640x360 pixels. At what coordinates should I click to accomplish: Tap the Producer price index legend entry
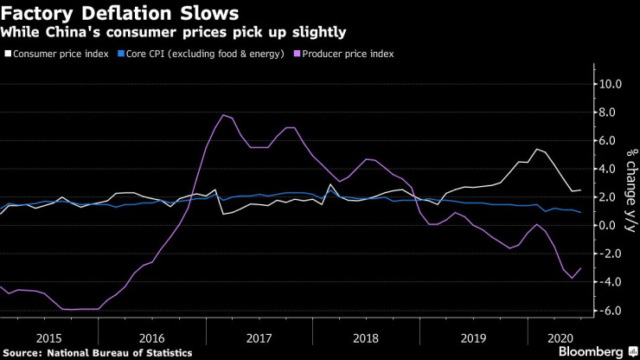pyautogui.click(x=350, y=54)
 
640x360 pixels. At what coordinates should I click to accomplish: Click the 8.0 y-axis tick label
pyautogui.click(x=610, y=112)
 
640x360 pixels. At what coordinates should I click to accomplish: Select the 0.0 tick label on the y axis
pyautogui.click(x=610, y=226)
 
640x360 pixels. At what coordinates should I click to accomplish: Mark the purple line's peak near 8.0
pyautogui.click(x=224, y=115)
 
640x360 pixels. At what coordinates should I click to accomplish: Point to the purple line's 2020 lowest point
pyautogui.click(x=572, y=278)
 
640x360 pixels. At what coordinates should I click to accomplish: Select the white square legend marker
pyautogui.click(x=7, y=54)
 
